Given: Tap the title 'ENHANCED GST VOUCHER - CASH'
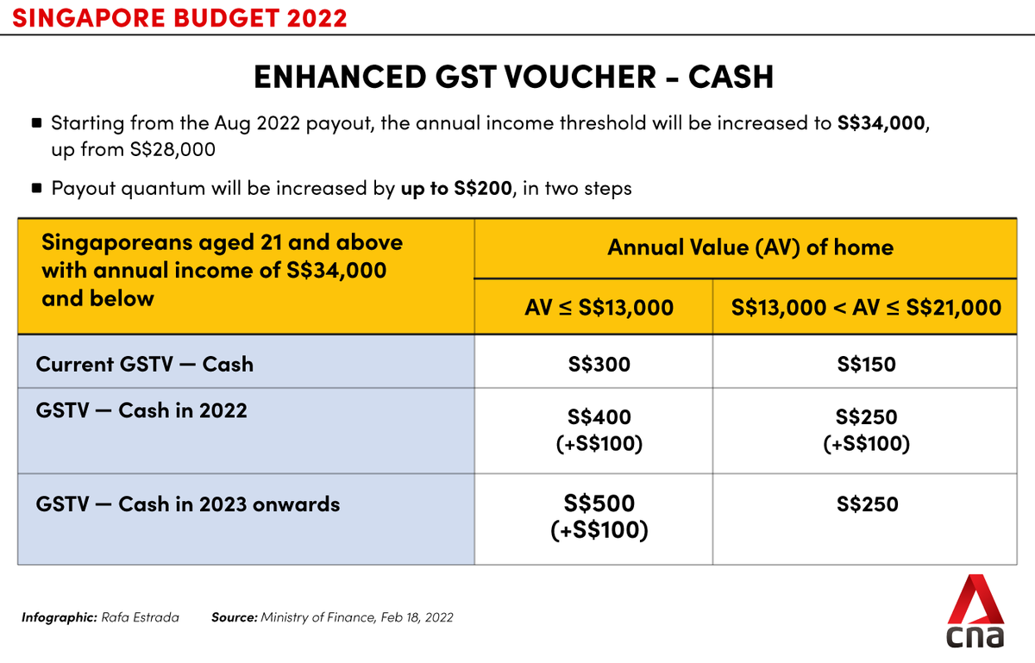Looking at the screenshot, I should [513, 78].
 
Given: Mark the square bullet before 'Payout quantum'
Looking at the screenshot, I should [36, 188].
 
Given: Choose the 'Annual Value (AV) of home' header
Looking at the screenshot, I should [750, 248].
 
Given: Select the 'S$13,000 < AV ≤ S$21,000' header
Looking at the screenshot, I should [867, 307].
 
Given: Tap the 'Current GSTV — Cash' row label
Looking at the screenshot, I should [145, 364].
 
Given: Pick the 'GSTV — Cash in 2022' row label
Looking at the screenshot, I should [141, 410].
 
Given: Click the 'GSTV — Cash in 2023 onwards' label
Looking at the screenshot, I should [188, 504].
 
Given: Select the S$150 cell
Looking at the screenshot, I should [866, 364].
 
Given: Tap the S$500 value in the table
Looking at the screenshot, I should [599, 504].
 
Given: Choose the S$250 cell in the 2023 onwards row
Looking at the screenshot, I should [867, 504].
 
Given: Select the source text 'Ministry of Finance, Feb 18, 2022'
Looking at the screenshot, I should [356, 617].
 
